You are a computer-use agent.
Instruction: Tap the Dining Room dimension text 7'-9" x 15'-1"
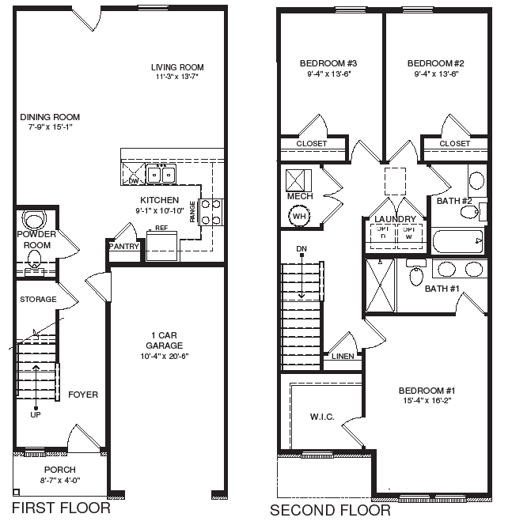(50, 127)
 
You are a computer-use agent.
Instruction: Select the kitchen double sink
(164, 174)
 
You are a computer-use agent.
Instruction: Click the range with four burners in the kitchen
(211, 211)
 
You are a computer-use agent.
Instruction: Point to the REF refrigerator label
(161, 228)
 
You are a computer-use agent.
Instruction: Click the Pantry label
(124, 247)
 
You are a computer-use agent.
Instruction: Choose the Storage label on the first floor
(38, 300)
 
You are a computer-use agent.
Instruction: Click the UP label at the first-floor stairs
(36, 414)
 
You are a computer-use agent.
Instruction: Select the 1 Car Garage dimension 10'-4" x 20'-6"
(164, 356)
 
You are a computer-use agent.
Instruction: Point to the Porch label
(59, 470)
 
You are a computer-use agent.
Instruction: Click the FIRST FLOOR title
(61, 508)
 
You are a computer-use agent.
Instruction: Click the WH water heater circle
(299, 215)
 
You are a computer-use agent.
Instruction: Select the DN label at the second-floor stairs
(301, 249)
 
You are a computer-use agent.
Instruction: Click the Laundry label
(395, 218)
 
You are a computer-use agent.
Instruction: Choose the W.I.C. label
(324, 416)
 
